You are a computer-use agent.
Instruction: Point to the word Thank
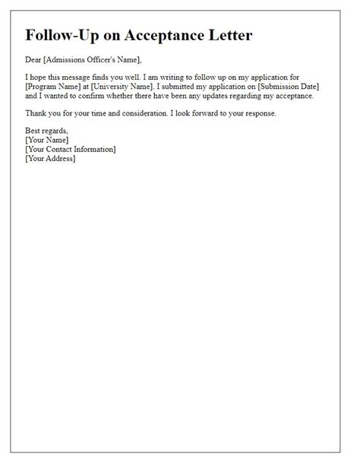pos(36,114)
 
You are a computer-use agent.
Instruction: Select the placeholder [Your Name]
pos(47,141)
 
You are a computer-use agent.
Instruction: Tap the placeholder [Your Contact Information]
pos(70,150)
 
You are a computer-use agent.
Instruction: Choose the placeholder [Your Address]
pos(50,159)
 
